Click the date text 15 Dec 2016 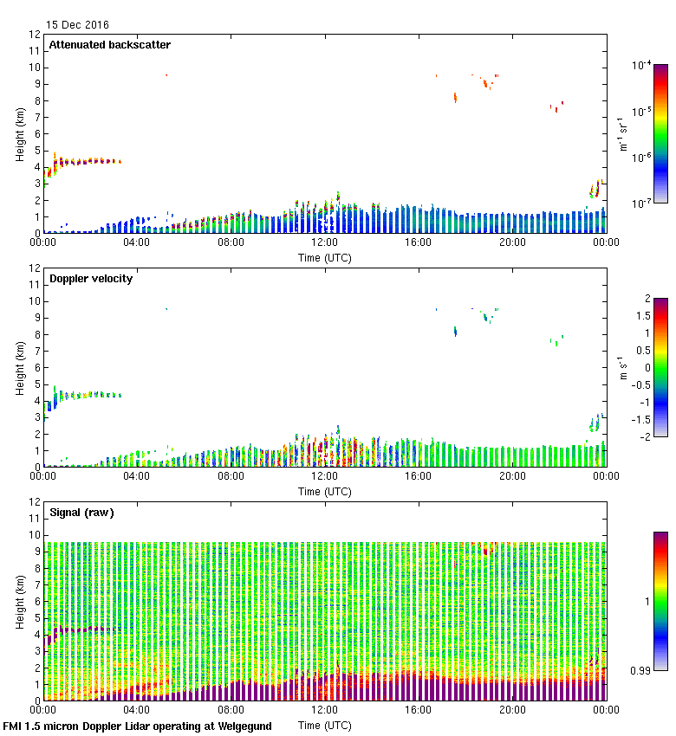78,25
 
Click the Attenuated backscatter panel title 109,45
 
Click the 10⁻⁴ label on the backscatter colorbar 642,66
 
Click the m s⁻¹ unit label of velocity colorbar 621,368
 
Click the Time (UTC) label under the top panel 325,258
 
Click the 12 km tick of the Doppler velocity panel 35,268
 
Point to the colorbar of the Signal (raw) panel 660,601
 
